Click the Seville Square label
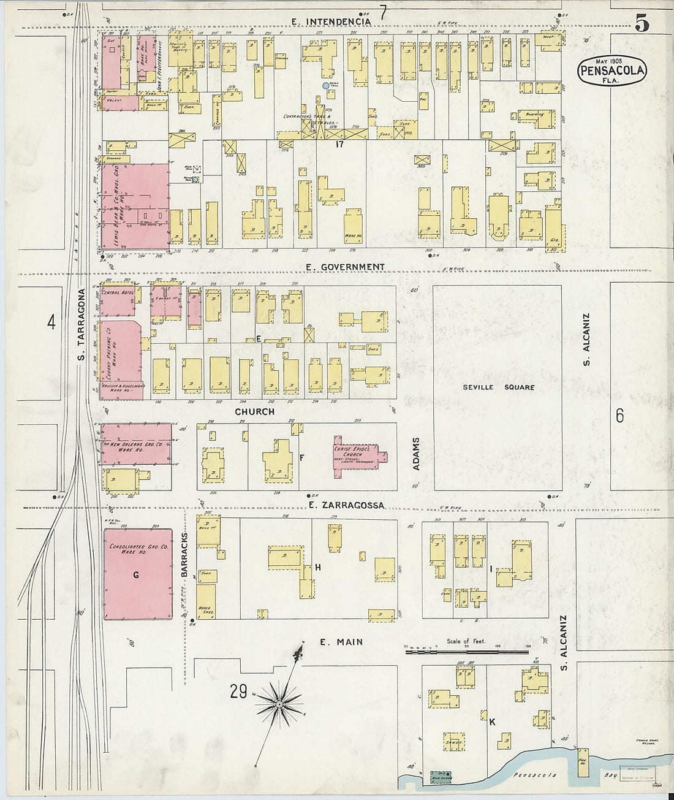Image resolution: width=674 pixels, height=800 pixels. [498, 387]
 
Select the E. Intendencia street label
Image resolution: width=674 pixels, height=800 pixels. [331, 21]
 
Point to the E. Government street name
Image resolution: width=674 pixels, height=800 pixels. [345, 267]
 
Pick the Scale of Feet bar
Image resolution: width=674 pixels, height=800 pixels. [467, 652]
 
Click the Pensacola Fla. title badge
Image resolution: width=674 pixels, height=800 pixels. [612, 70]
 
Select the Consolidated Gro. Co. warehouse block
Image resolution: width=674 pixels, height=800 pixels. [138, 574]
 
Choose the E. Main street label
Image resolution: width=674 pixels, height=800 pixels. [341, 642]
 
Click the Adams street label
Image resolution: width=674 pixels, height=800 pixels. [416, 454]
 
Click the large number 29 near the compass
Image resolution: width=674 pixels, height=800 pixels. [238, 692]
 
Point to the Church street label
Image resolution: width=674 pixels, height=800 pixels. [254, 411]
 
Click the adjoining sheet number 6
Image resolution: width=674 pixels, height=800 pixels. [619, 416]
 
